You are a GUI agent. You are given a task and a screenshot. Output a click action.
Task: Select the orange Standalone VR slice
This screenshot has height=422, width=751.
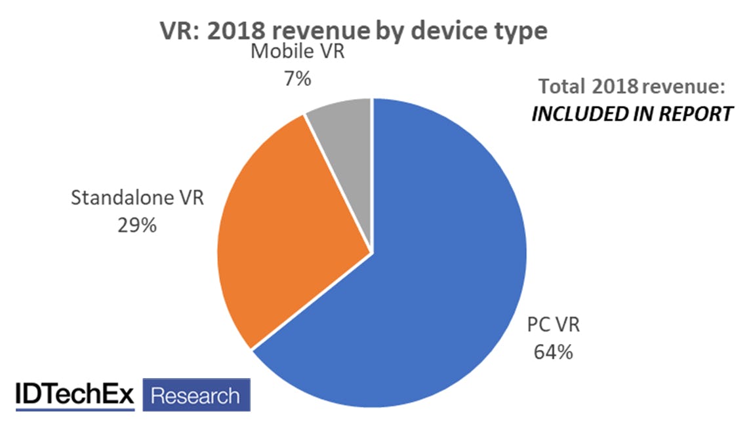click(x=295, y=236)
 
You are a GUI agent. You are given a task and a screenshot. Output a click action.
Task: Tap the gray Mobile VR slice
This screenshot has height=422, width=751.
click(x=344, y=131)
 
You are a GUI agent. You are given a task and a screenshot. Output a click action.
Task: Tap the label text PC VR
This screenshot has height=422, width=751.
click(x=554, y=326)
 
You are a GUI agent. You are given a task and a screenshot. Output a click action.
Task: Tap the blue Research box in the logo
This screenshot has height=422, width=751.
click(x=195, y=396)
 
